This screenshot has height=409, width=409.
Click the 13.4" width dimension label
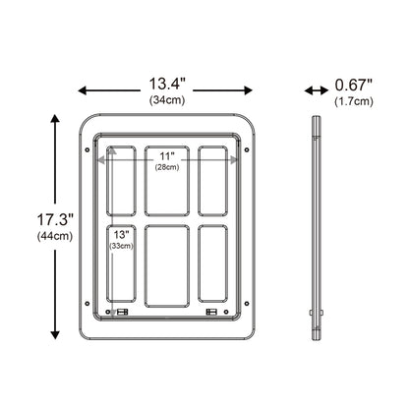click(x=167, y=84)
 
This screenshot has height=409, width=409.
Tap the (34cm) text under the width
click(x=167, y=100)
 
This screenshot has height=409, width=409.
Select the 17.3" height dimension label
click(x=55, y=219)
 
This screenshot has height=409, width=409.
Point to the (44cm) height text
click(x=55, y=236)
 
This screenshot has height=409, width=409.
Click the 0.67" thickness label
click(x=354, y=86)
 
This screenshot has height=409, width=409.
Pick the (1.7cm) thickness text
click(x=354, y=101)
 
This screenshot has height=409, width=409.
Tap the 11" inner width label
click(x=167, y=156)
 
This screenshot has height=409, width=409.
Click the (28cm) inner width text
click(x=167, y=167)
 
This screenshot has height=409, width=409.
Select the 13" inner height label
click(x=121, y=235)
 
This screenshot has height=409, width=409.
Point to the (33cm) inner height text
click(x=122, y=246)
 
